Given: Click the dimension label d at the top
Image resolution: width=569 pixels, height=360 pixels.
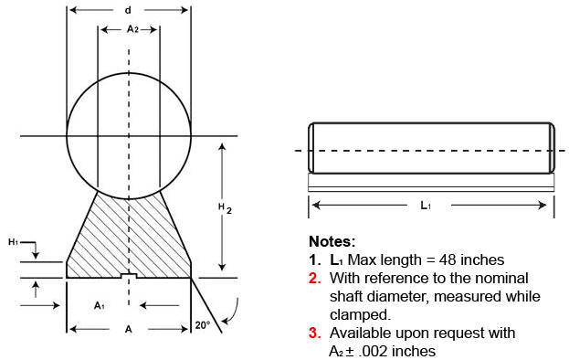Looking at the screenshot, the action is (128, 10).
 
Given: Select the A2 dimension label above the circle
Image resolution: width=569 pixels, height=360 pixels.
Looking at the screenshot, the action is (132, 28).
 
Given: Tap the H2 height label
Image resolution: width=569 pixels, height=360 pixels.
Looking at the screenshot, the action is (225, 208).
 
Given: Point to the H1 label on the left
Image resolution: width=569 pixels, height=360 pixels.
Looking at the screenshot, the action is (13, 242).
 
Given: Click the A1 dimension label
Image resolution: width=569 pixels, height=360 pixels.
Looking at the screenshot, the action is (100, 305).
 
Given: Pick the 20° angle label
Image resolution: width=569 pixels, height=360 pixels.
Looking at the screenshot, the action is (203, 325).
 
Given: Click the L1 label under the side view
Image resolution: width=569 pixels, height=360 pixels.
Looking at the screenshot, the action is (426, 206).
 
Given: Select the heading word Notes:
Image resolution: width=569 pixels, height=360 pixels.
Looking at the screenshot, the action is (332, 241).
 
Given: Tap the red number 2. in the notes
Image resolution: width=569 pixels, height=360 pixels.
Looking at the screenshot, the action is (315, 279).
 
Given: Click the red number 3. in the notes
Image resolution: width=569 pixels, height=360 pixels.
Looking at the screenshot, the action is (315, 333).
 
